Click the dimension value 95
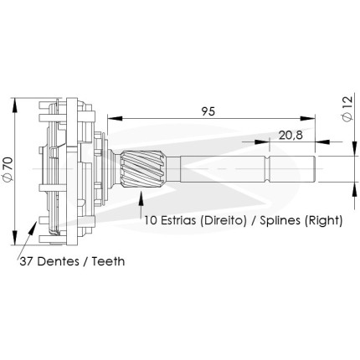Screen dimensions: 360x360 208,111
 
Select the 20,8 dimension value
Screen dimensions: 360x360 291,136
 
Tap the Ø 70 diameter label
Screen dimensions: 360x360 8,169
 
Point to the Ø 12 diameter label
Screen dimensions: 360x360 347,109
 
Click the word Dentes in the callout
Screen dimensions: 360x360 58,261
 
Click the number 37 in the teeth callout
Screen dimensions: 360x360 26,262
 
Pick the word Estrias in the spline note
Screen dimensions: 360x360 177,220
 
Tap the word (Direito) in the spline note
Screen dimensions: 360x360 223,221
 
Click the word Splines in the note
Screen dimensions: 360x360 280,221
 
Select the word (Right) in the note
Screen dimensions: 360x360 323,221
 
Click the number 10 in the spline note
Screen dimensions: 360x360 150,220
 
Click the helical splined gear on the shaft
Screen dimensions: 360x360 144,168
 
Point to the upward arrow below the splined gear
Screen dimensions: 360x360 141,203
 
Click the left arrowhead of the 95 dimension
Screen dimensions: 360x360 115,118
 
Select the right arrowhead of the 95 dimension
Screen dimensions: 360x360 307,118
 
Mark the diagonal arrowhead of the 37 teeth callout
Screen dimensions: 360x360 33,228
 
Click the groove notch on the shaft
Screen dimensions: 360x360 269,169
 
